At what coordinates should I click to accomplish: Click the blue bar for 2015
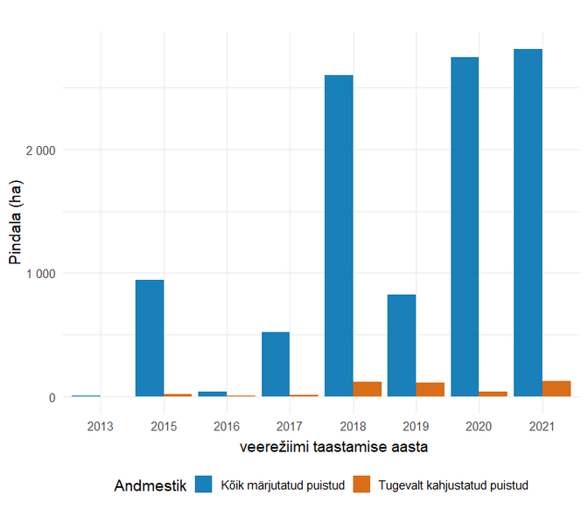(150, 338)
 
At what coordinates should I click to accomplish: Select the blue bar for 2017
(276, 364)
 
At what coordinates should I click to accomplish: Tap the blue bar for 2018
(339, 235)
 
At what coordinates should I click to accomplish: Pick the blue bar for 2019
(402, 345)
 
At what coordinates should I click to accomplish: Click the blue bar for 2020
(465, 227)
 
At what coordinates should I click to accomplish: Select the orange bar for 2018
(367, 389)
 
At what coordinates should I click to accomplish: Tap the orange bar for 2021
(556, 388)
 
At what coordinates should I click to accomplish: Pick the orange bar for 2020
(493, 394)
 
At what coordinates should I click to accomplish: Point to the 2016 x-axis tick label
(227, 425)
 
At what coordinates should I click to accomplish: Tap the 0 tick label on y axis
(52, 397)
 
